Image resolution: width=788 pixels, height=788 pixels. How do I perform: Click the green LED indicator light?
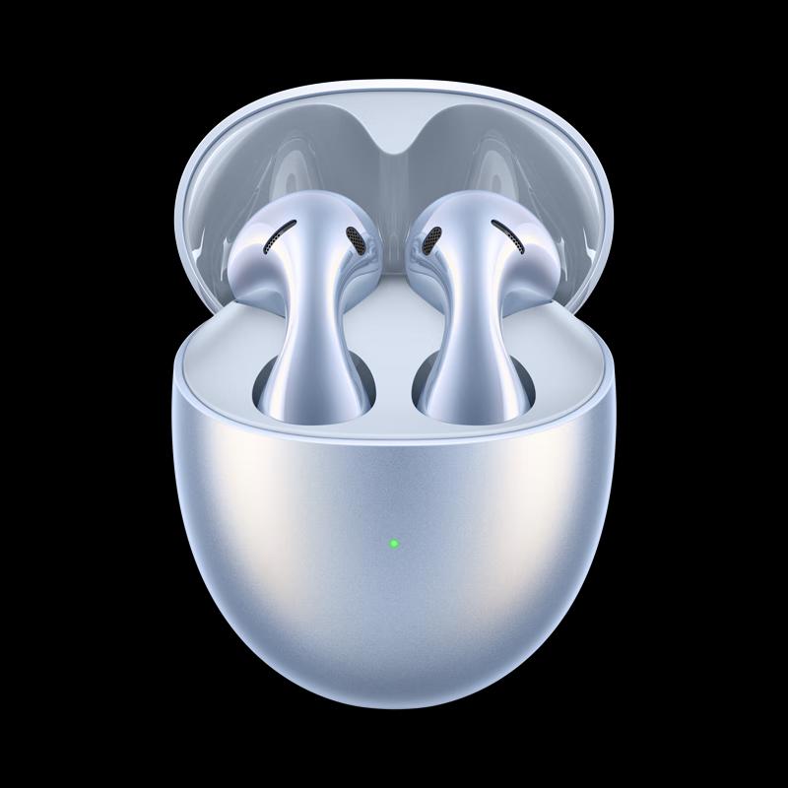click(x=393, y=543)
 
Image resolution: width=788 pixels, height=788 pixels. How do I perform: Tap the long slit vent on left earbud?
click(x=279, y=236)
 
